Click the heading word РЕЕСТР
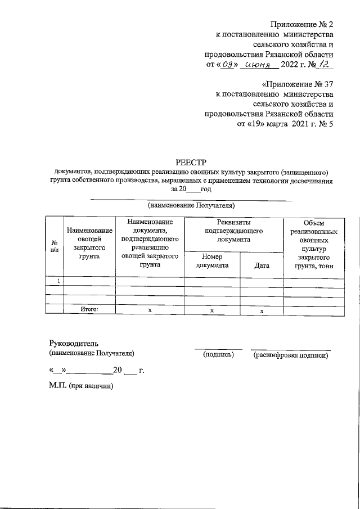(191, 162)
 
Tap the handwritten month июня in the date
(259, 66)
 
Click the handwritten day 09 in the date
(228, 66)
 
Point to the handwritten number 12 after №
(322, 65)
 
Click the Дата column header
(262, 265)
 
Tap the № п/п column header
(54, 245)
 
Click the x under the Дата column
(262, 310)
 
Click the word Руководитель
(74, 344)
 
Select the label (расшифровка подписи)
(290, 355)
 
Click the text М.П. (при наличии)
(81, 386)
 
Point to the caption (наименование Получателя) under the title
(191, 205)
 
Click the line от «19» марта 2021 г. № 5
(286, 125)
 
